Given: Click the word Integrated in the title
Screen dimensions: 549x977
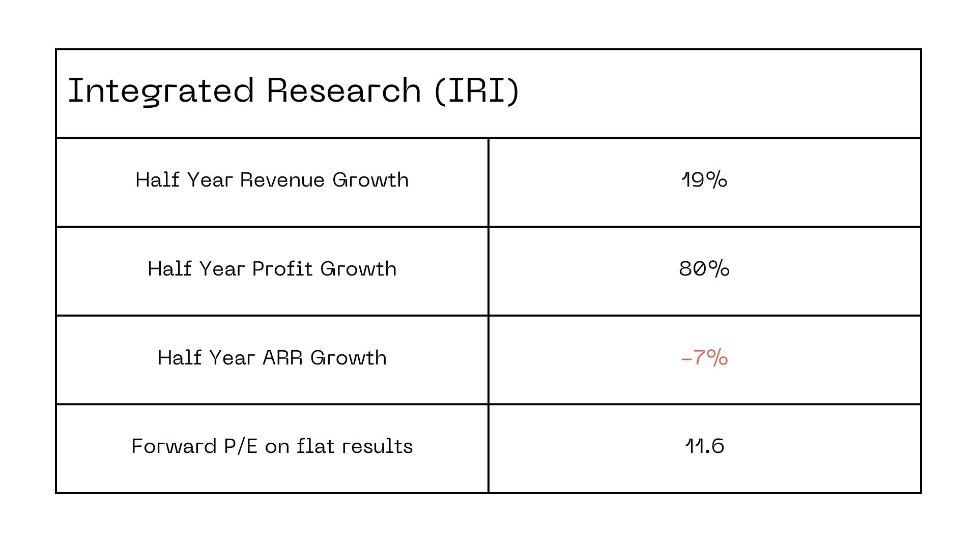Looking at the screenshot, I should tap(160, 91).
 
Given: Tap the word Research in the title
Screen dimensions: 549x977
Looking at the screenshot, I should tap(343, 91).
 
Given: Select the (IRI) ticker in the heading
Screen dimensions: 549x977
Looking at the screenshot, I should tap(477, 91).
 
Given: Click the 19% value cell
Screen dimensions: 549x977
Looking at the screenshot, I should tap(704, 180).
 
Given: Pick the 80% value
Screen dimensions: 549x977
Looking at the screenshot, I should tap(704, 269).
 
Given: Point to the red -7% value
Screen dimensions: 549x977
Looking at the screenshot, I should tap(704, 358).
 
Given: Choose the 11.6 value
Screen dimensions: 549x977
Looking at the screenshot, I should tap(704, 446).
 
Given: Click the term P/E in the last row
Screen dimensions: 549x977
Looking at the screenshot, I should tap(240, 446).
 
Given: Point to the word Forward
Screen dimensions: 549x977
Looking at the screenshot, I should tap(174, 446).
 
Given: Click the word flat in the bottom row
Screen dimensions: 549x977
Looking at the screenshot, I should tap(315, 446).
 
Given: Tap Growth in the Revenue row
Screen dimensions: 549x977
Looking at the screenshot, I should tap(370, 180).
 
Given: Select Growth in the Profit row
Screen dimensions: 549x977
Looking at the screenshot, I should tap(358, 269).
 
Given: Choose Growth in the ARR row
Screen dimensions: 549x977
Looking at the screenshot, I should tap(349, 358).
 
